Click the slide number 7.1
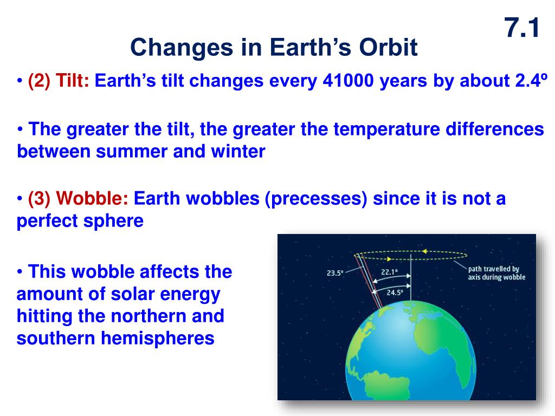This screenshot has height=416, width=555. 522,28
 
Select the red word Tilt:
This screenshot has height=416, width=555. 73,80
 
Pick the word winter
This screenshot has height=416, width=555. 238,152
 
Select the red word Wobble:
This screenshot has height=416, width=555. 92,198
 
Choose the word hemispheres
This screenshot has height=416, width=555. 158,339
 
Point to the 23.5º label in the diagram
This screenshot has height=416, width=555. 335,273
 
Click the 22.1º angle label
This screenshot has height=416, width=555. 389,272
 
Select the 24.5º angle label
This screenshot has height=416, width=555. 395,292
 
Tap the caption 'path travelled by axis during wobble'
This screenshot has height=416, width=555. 496,273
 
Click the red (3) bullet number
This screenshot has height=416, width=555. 40,198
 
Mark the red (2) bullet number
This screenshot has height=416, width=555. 40,81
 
